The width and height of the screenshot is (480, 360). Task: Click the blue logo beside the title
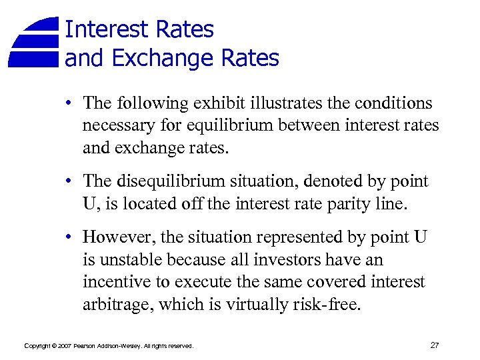coord(35,42)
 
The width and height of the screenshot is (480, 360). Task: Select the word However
coord(114,238)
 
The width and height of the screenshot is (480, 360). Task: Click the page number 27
coord(435,345)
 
